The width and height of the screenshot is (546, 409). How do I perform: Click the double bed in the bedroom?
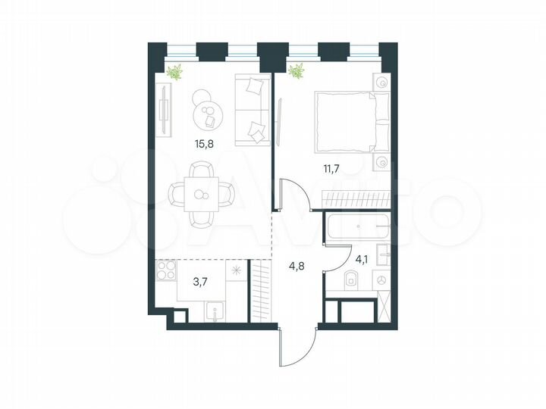pos(345,121)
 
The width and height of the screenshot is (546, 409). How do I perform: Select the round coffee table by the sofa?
pos(206,116)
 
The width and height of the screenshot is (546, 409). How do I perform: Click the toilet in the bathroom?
pos(350,280)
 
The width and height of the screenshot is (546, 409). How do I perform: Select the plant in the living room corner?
pos(175,73)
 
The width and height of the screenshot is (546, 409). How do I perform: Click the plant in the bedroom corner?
pos(296,73)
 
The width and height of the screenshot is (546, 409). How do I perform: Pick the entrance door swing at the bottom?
pos(296,348)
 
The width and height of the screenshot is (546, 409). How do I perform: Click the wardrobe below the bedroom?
pos(356,199)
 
